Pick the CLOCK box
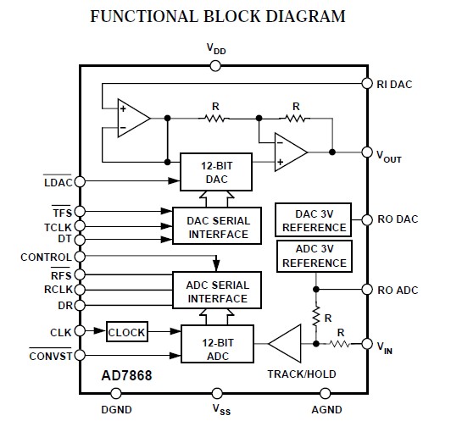126,331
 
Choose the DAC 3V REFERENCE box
314,220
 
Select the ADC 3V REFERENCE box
314,257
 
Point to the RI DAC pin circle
367,83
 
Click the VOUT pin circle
367,152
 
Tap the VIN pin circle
367,344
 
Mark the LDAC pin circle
80,180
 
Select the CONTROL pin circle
80,256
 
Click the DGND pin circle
117,393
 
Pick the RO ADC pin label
397,290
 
